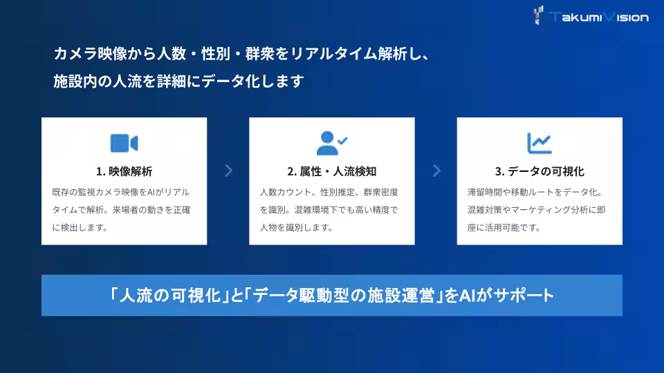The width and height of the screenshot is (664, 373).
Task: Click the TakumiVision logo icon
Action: (539, 15)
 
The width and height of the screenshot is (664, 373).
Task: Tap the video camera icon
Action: (124, 143)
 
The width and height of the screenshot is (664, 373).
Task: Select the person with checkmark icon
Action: (332, 143)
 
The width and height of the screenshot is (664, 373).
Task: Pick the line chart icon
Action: (539, 143)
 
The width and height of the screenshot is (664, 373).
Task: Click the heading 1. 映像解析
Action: (124, 171)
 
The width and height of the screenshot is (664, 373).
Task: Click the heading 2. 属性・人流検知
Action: (332, 171)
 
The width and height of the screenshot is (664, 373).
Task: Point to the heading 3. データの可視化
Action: (539, 171)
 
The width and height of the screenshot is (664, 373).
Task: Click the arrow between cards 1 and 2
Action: (228, 171)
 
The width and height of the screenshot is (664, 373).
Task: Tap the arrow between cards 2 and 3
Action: (436, 171)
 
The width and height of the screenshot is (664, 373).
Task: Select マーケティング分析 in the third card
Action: (546, 209)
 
